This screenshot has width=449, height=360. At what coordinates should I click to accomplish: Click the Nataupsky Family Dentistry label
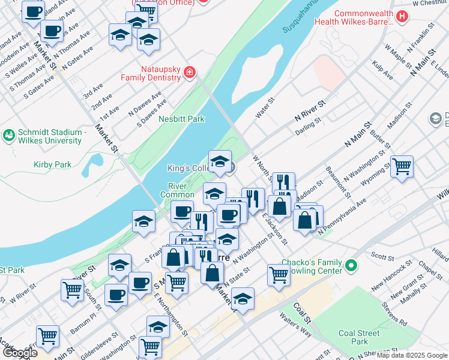click(151, 73)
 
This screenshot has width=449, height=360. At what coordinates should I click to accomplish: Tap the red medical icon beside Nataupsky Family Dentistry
click(190, 73)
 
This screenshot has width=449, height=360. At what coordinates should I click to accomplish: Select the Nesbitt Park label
click(181, 119)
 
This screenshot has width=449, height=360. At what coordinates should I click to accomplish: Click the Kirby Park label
click(53, 164)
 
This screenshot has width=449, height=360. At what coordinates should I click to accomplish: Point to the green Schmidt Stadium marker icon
click(8, 133)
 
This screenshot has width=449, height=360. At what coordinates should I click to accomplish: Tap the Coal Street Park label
click(360, 337)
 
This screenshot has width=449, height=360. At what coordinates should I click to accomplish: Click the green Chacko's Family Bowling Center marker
click(352, 264)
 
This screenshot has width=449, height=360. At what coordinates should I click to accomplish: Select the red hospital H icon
click(403, 17)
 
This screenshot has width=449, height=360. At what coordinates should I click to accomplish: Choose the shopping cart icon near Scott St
click(279, 274)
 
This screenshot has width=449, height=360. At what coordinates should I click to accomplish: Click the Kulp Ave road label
click(382, 70)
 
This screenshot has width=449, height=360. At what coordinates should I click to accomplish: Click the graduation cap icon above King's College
click(220, 160)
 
